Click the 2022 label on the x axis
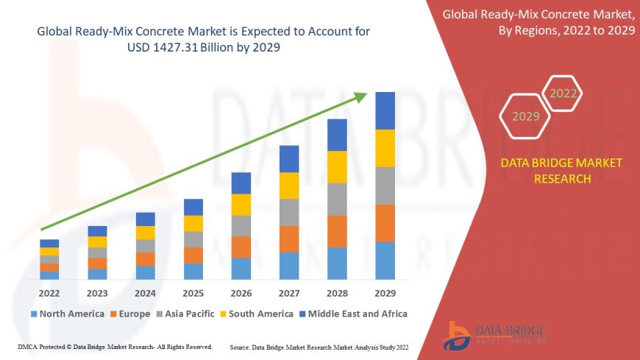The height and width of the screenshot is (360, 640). pos(49,294)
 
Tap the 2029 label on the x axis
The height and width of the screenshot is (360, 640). pos(385,294)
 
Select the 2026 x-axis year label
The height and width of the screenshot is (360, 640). pos(241,294)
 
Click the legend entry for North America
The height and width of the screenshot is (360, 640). pos(67,314)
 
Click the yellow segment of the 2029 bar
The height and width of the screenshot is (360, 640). pos(385,148)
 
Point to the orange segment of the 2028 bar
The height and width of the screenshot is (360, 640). pos(337,231)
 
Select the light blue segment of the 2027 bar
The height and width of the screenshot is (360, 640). pos(289,266)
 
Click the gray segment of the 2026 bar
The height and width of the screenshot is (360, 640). pos(241,225)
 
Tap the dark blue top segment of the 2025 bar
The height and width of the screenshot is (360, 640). pos(193,207)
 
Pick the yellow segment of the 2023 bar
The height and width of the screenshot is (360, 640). pos(97,241)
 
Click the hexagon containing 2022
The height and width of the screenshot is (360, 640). pos(563,93)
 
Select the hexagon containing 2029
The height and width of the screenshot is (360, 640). pos(525,116)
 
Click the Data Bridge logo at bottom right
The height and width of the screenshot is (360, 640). pos(495,335)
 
